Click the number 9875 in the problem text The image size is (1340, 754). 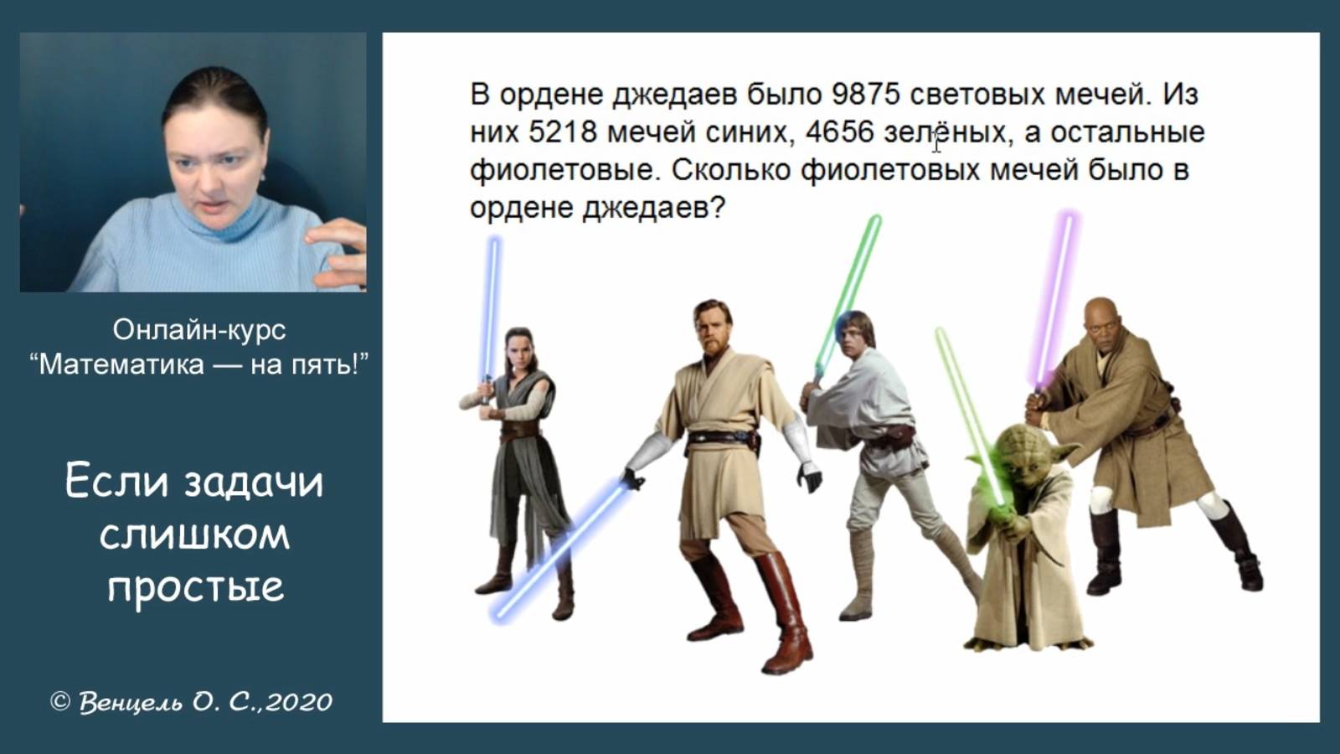point(865,94)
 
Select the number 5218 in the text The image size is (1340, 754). point(563,132)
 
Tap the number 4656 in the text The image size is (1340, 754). point(840,132)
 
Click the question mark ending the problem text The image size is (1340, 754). point(717,208)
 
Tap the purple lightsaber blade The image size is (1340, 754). point(1054,293)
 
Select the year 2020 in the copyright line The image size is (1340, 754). point(300,701)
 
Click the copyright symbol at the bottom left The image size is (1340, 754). point(60,701)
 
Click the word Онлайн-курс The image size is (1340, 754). point(199,329)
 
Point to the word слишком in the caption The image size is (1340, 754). point(195,534)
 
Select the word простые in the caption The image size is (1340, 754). point(196,586)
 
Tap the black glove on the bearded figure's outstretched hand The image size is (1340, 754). point(809,477)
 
